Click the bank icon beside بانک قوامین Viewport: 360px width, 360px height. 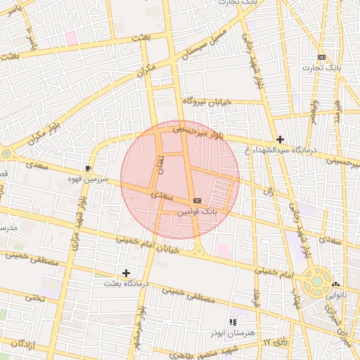pos(196,200)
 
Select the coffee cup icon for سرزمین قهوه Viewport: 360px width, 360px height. pos(88,169)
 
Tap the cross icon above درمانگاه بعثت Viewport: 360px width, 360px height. pos(126,272)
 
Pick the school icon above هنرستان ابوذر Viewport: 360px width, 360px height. pos(233,322)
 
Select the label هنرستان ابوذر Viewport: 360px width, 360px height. pos(232,332)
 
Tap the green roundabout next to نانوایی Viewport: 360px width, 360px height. pos(316,282)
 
